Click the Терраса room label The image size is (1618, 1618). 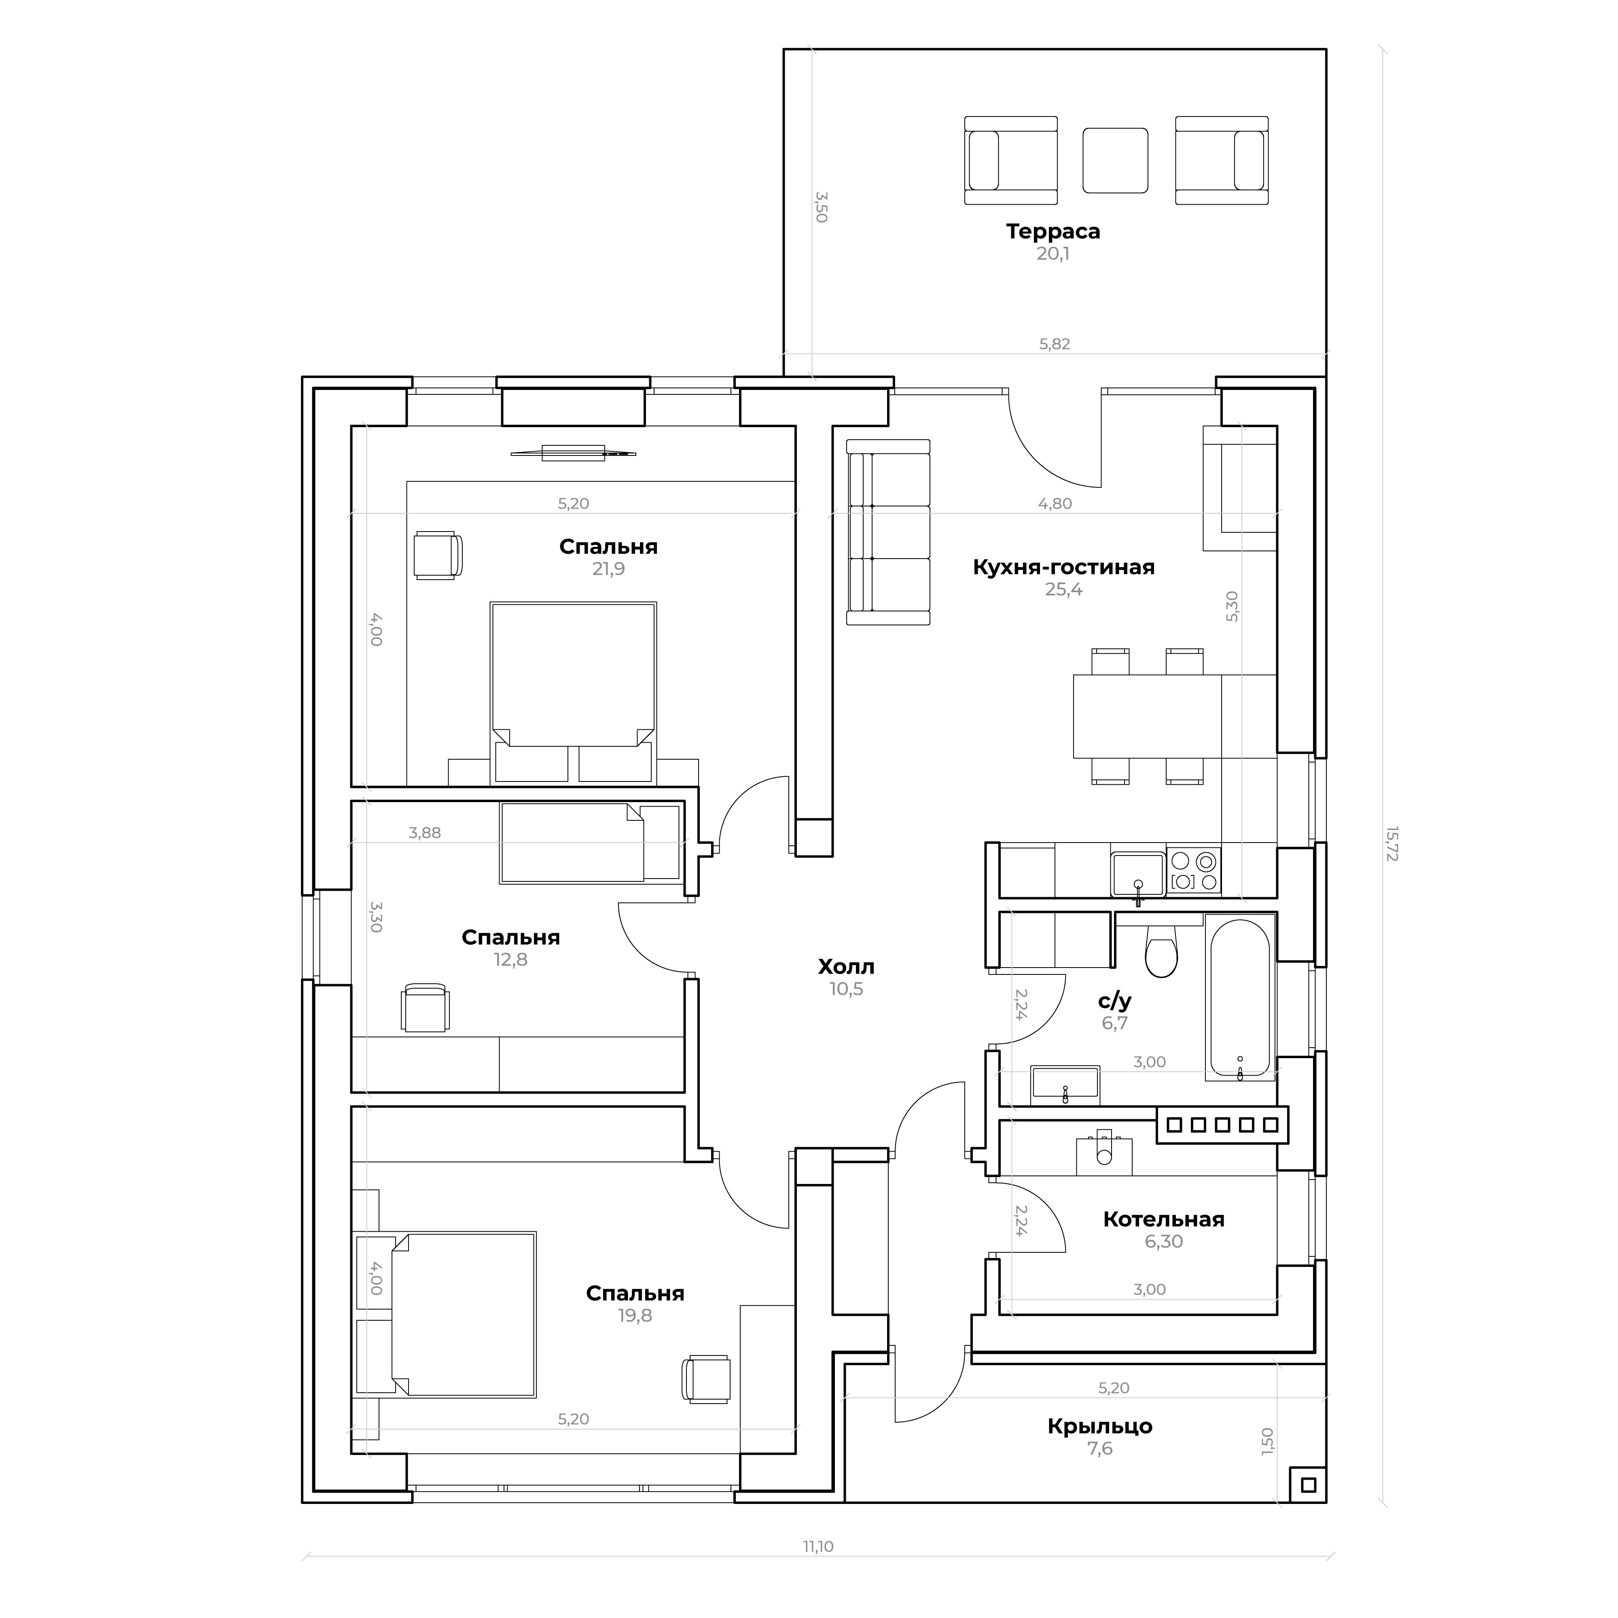click(1053, 231)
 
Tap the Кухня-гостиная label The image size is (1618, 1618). click(1063, 567)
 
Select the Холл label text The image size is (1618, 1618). click(846, 967)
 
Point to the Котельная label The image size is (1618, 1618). click(1163, 1219)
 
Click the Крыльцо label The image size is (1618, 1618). click(1099, 1426)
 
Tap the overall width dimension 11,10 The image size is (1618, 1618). click(818, 1547)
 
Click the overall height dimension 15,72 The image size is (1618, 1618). click(1391, 844)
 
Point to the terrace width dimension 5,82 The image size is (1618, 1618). click(1055, 344)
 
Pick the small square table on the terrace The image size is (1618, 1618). click(1115, 160)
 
